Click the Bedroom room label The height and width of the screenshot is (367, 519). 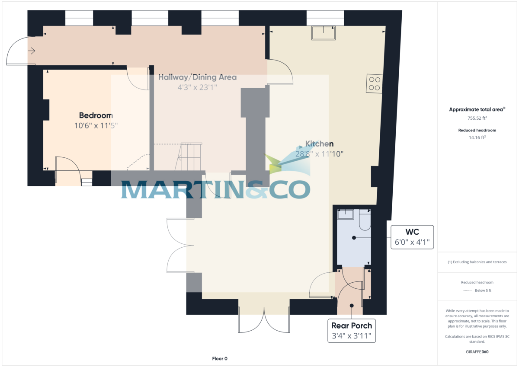(x=96, y=115)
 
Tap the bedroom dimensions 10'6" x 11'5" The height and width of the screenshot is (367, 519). (x=96, y=126)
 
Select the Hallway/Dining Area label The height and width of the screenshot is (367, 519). (x=197, y=77)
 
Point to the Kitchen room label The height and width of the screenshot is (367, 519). (x=319, y=144)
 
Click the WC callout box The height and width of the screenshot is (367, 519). (x=412, y=237)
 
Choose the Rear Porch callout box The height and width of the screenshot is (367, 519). (x=351, y=331)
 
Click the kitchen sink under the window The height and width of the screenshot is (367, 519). (x=324, y=33)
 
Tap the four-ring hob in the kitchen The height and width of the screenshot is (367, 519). (x=375, y=83)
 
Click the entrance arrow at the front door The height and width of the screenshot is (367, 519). (x=32, y=51)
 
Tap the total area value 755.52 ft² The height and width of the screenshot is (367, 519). (x=477, y=118)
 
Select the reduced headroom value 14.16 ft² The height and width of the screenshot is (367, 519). (x=477, y=137)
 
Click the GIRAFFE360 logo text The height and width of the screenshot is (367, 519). (x=477, y=352)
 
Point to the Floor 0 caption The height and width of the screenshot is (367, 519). (x=219, y=358)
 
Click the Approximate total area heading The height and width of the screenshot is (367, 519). (x=477, y=109)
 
